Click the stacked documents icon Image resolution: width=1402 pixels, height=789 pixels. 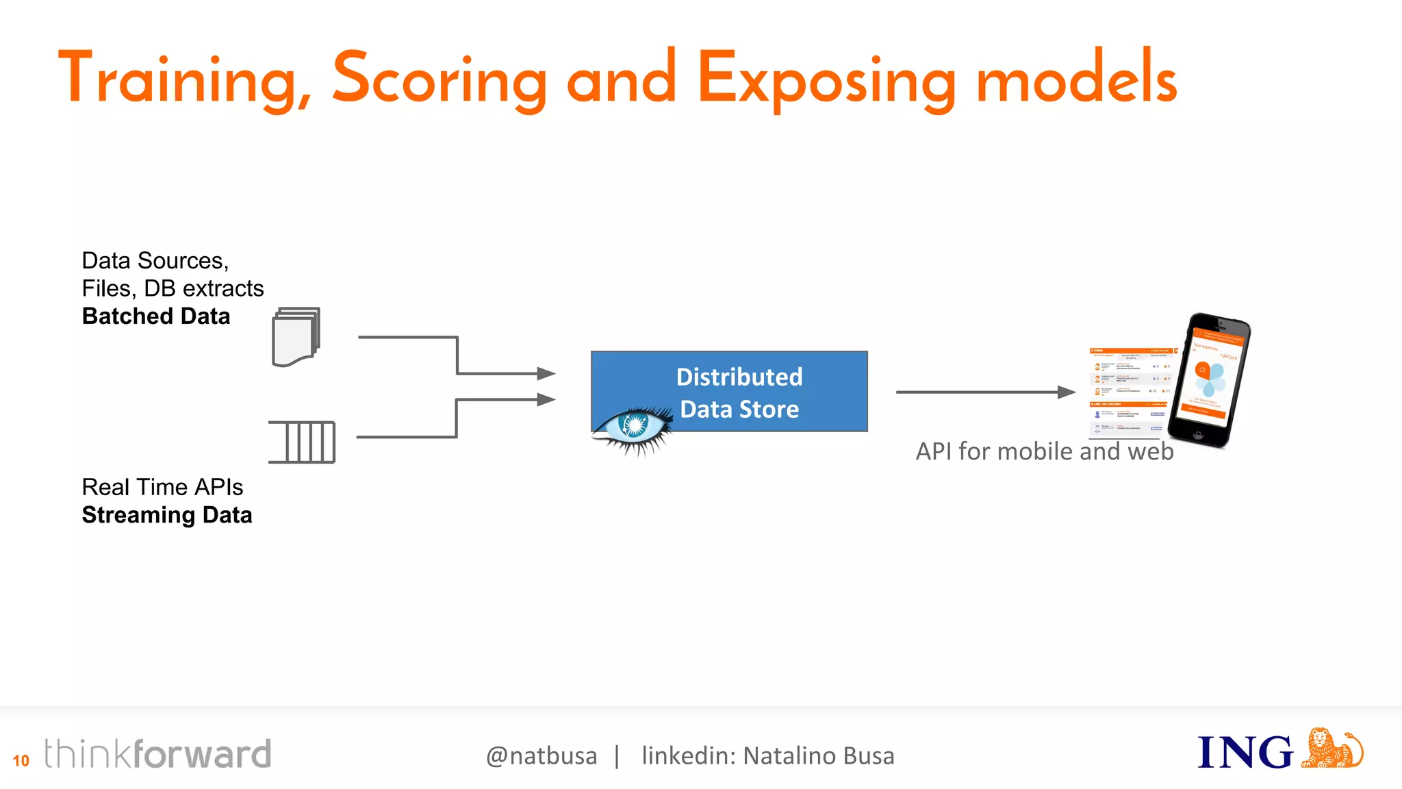pos(296,337)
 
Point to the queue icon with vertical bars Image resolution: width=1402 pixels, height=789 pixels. pos(303,442)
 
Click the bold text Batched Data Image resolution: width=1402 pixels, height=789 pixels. pos(156,316)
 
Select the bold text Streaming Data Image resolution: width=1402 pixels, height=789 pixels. pos(167,515)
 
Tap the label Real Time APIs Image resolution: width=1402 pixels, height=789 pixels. pos(162,487)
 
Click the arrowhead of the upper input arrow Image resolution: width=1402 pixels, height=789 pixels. pos(546,373)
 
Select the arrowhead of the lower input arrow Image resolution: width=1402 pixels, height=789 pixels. pos(546,399)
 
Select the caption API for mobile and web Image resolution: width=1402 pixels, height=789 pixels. pos(1045,451)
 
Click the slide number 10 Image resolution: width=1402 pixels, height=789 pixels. pos(21,760)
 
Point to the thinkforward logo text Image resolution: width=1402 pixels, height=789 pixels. pos(157,754)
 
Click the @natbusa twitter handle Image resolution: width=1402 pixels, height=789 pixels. pos(541,756)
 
